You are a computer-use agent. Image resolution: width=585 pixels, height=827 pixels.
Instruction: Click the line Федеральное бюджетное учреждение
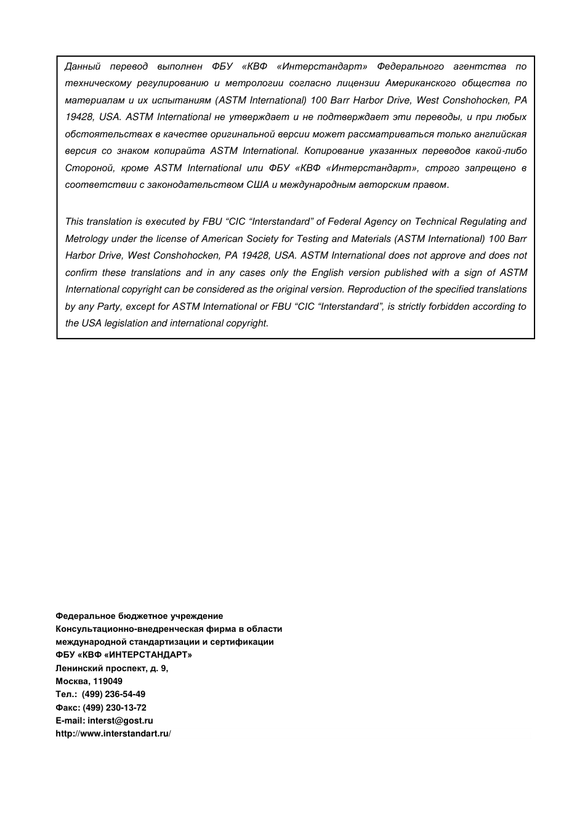pyautogui.click(x=139, y=616)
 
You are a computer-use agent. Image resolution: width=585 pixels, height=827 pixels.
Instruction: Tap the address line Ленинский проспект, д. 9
pyautogui.click(x=111, y=668)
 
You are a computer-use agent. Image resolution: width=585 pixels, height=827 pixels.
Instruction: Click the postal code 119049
pyautogui.click(x=108, y=682)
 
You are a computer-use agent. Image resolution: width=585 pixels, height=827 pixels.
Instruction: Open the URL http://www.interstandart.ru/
pyautogui.click(x=113, y=734)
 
